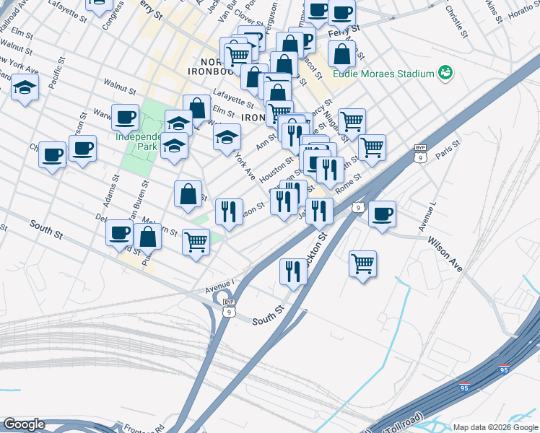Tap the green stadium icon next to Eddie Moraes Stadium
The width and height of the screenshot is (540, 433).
[446, 73]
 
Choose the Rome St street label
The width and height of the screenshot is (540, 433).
[347, 183]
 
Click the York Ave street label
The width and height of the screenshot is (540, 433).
[246, 166]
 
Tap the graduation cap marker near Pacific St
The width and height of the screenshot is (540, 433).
[25, 89]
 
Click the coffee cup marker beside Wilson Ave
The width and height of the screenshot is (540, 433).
[382, 214]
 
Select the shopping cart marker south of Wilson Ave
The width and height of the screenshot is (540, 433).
[362, 263]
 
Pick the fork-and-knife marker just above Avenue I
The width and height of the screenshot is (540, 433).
[293, 271]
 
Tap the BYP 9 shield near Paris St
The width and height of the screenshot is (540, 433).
[421, 153]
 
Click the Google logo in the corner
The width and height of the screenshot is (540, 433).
[24, 424]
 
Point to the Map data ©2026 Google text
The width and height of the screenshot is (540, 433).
[495, 427]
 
